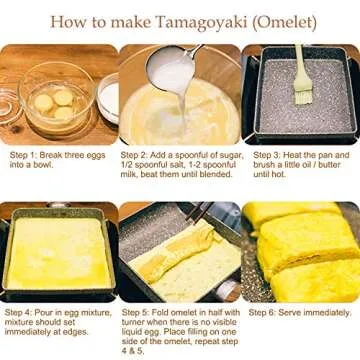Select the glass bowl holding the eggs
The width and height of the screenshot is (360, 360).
point(55,100)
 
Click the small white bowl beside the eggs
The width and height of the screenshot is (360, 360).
point(105,95)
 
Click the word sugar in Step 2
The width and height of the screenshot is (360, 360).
point(224,156)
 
